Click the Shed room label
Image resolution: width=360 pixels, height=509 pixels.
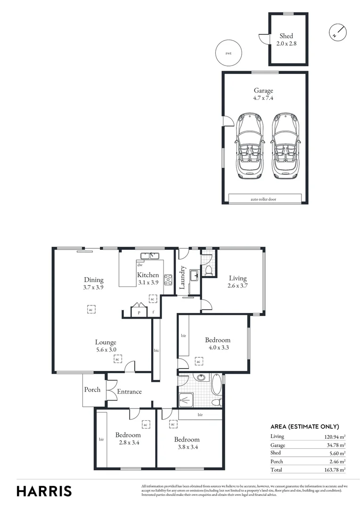(x=286, y=36)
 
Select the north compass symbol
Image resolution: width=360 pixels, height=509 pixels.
(x=337, y=32)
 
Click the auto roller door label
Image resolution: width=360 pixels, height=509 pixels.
(x=264, y=199)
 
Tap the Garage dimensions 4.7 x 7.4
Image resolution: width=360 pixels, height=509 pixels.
(x=263, y=99)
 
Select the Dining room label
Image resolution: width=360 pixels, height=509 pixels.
(x=94, y=279)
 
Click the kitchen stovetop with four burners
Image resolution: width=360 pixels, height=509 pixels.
(x=168, y=279)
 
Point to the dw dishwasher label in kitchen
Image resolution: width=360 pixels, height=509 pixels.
(x=140, y=265)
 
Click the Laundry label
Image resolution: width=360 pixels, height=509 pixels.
(x=182, y=278)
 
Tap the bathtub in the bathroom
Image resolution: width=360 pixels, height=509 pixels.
(x=216, y=385)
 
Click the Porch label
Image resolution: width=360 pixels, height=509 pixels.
(x=92, y=390)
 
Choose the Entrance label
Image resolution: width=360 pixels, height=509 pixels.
(x=129, y=392)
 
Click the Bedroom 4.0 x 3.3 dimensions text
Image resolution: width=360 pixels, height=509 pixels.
(x=218, y=348)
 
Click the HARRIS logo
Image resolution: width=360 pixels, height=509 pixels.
(x=44, y=491)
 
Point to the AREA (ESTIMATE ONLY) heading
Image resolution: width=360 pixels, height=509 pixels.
(x=304, y=427)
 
